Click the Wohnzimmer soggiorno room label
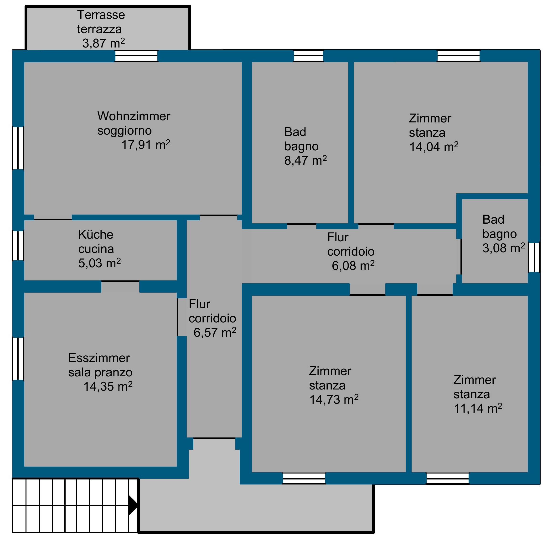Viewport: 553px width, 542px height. click(x=134, y=123)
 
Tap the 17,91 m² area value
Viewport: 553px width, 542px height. click(x=146, y=145)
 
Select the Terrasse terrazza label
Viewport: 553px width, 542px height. click(x=101, y=22)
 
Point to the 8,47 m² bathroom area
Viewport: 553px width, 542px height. click(x=305, y=161)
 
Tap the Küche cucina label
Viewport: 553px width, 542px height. click(x=96, y=242)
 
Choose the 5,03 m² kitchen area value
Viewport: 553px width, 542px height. click(x=100, y=263)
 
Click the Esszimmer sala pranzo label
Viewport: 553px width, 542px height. click(x=100, y=365)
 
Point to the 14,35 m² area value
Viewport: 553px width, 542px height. click(x=108, y=386)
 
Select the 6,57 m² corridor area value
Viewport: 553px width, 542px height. click(x=215, y=332)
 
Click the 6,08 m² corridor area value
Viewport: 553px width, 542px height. click(x=353, y=266)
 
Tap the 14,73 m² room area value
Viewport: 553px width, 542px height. click(x=334, y=399)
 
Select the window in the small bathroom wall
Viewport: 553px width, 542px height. click(x=534, y=257)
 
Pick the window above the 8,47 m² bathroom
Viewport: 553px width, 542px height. click(x=308, y=56)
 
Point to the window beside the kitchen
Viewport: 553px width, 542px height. click(x=18, y=245)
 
